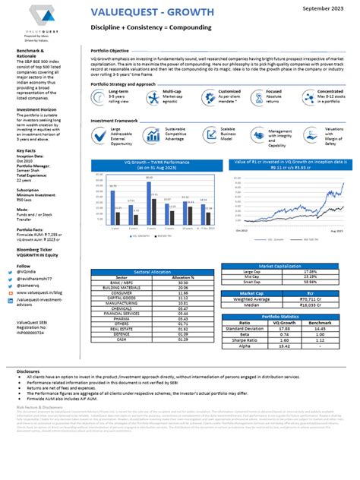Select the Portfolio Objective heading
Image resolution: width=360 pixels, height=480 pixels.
(113, 47)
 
